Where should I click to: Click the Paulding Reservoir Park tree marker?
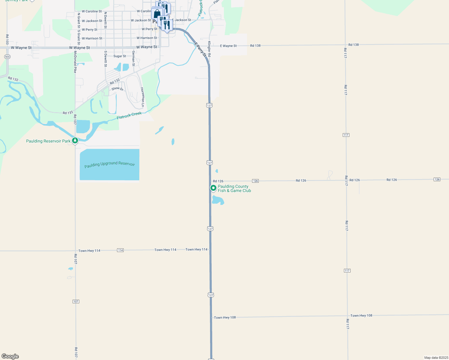[75, 140]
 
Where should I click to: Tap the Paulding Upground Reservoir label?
[110, 164]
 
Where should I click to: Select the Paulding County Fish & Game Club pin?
[213, 188]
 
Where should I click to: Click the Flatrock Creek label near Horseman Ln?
[129, 115]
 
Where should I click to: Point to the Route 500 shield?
[8, 57]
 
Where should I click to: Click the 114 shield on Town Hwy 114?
[120, 250]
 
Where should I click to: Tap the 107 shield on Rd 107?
[76, 301]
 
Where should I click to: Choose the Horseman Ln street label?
[143, 97]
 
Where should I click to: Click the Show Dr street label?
[117, 89]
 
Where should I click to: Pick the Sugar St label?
[120, 56]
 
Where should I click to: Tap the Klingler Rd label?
[209, 49]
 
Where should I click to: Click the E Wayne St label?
[228, 46]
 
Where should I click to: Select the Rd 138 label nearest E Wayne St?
[255, 46]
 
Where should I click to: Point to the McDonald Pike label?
[75, 62]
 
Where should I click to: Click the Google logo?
[10, 356]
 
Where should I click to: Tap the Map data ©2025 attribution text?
[436, 358]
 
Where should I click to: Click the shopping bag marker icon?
[157, 14]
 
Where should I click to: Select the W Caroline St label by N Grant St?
[92, 11]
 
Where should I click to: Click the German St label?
[133, 58]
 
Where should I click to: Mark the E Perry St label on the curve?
[200, 49]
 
